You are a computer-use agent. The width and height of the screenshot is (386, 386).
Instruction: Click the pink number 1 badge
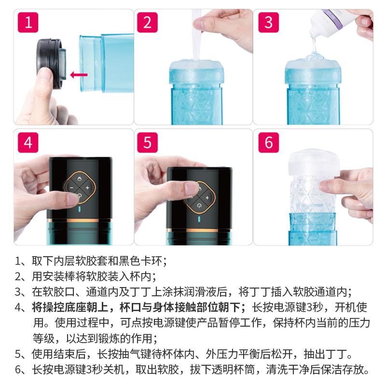[28, 22]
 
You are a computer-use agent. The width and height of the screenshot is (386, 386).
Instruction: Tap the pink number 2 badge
[147, 22]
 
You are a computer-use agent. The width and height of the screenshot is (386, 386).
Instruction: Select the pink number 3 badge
[269, 22]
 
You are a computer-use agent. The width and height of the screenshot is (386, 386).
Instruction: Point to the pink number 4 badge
[28, 142]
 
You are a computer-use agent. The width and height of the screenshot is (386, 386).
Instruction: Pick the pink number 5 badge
[147, 142]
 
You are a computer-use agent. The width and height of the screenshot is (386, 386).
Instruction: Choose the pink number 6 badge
[269, 142]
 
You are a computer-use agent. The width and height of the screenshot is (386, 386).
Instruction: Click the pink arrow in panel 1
[79, 75]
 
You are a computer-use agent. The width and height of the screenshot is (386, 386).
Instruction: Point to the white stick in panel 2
[197, 34]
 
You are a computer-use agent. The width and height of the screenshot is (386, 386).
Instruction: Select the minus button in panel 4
[71, 188]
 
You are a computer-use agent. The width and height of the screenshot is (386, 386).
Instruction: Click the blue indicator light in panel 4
[80, 209]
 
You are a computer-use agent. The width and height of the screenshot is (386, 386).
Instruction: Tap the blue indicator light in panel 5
[199, 219]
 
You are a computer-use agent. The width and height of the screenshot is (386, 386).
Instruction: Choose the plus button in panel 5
[207, 198]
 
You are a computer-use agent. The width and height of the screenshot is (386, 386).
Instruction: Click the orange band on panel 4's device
[80, 220]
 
